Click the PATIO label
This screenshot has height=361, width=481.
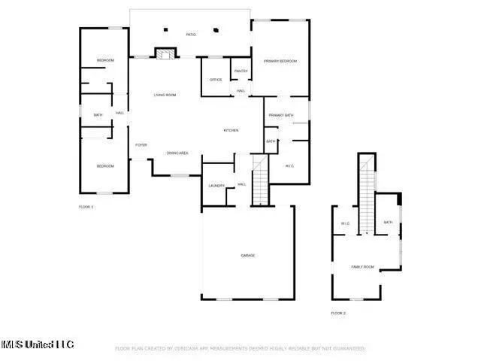(191, 35)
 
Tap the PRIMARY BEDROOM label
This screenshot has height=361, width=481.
(280, 61)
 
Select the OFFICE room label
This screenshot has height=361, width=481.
(216, 79)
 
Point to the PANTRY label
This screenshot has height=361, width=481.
(240, 71)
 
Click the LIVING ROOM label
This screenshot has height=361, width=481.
(165, 95)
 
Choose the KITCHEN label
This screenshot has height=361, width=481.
(231, 131)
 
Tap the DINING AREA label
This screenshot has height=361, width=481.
(177, 153)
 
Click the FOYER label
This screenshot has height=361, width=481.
(141, 144)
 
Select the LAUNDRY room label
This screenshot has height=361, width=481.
(216, 185)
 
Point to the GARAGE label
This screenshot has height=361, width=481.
(247, 256)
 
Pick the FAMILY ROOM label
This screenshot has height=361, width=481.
(362, 267)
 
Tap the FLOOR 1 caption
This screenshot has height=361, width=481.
(86, 206)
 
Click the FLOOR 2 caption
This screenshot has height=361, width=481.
(338, 312)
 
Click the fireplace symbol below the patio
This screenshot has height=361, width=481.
(165, 53)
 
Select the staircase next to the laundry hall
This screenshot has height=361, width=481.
(259, 180)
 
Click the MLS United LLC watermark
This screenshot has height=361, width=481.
(38, 344)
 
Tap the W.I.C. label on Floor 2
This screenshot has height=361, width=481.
(345, 223)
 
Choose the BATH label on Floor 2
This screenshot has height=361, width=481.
(388, 222)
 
